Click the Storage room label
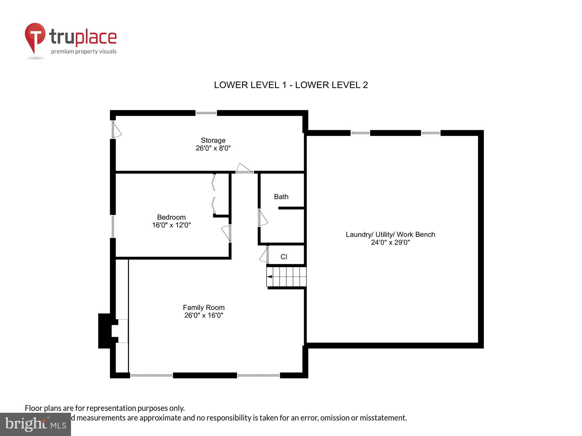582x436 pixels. coord(213,140)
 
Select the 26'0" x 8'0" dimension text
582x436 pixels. coord(213,148)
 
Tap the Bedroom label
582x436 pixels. coord(171,217)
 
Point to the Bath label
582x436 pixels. coord(281,197)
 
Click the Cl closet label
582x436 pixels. coord(284,257)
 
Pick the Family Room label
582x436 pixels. coord(203,308)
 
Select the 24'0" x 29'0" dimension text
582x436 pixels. coord(390,242)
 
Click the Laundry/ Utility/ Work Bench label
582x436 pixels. coord(390,235)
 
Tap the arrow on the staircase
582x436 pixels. coord(270,276)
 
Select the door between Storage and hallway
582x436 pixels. coord(244,169)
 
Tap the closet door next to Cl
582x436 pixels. coord(264,255)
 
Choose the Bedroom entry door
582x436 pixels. coord(226,233)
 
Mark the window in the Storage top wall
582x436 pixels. coord(206,113)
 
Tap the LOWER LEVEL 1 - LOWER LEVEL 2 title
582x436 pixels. coord(291,85)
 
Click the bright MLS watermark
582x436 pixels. coord(36,424)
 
